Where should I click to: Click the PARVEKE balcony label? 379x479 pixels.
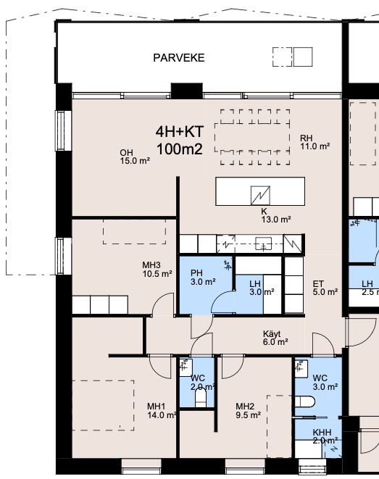click(x=179, y=58)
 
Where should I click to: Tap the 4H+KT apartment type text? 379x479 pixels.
click(x=179, y=132)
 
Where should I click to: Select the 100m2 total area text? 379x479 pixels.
click(x=179, y=149)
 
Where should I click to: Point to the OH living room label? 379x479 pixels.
click(x=135, y=157)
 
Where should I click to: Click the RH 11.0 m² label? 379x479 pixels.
click(x=315, y=142)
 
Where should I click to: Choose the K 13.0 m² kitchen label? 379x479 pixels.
click(x=276, y=215)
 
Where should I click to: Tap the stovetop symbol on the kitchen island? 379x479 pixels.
click(x=260, y=195)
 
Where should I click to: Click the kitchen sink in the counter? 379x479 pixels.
click(x=263, y=243)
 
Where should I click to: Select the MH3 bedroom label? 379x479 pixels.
click(x=157, y=270)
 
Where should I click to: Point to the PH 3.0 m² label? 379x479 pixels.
click(x=203, y=278)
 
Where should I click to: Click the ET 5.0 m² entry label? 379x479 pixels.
click(x=325, y=288)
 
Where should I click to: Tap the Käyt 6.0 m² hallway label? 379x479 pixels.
click(x=275, y=338)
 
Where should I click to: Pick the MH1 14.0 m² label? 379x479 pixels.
click(x=162, y=411)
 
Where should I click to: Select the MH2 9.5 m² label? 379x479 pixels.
click(x=248, y=411)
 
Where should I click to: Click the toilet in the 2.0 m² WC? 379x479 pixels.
click(x=201, y=398)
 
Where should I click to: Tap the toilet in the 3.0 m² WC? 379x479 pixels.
click(x=305, y=401)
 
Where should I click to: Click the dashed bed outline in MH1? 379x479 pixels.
click(x=103, y=405)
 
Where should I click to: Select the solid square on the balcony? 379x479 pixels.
click(x=303, y=57)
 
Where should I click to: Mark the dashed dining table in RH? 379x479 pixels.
click(x=252, y=137)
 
